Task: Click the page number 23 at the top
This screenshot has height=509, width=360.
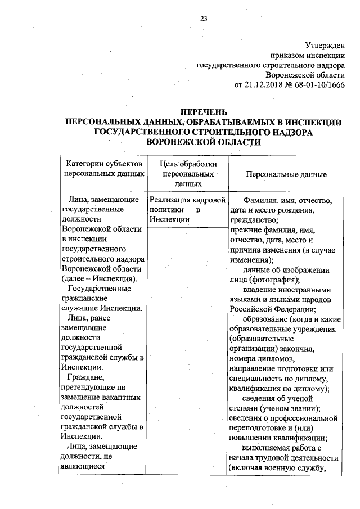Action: (203, 19)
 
